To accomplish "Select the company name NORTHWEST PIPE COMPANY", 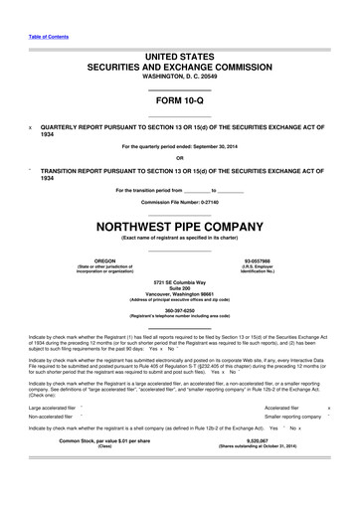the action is [x=179, y=226].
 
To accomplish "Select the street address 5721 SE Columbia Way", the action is [x=179, y=283].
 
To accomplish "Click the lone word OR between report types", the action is [x=179, y=157].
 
